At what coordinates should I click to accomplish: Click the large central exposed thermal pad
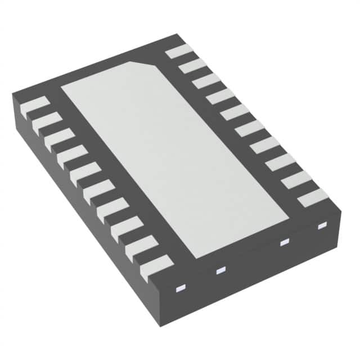click(x=174, y=157)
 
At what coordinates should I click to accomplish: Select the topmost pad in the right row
click(x=179, y=52)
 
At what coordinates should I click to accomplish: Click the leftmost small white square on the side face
click(x=181, y=289)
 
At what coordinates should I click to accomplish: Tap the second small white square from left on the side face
click(x=220, y=271)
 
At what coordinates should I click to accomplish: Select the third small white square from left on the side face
click(x=284, y=242)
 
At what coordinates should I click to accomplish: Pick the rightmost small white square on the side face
click(x=322, y=226)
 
